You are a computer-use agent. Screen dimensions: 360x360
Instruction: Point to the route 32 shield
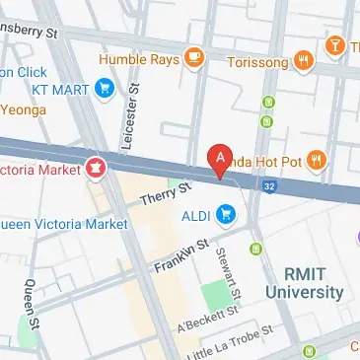(x=267, y=183)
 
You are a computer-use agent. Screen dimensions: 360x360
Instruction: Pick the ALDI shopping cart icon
(x=227, y=213)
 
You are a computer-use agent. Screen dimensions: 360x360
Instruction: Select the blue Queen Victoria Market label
(x=63, y=224)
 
